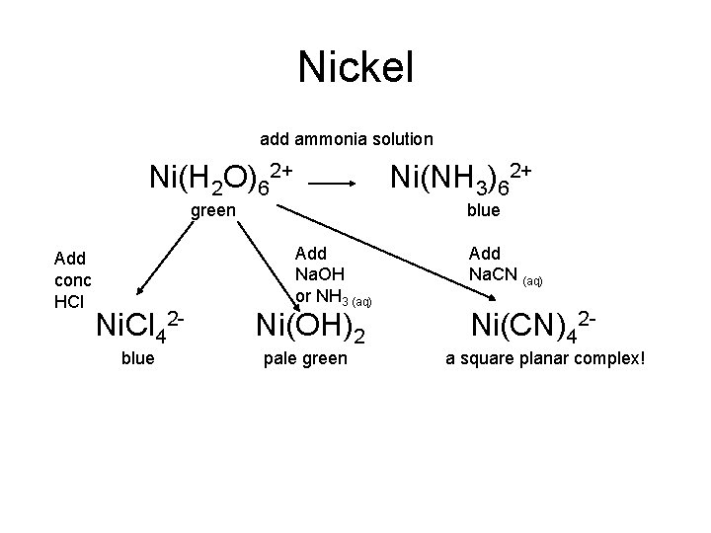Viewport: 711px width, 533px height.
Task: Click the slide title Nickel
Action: click(355, 67)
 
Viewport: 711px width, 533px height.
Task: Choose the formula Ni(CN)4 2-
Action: click(531, 325)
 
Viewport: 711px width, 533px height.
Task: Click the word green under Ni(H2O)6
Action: click(213, 210)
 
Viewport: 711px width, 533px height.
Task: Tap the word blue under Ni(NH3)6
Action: click(483, 210)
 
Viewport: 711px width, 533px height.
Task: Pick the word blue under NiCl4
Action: click(137, 358)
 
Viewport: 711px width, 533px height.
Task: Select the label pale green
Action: click(305, 358)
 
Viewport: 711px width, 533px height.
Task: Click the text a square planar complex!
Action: click(545, 358)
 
